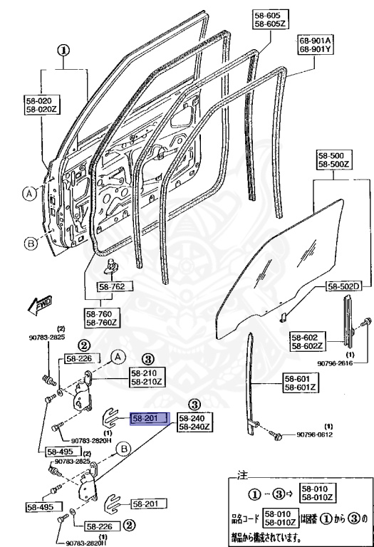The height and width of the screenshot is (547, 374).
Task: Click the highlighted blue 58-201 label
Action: point(148,419)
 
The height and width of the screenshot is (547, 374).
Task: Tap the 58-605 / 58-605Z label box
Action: point(269,20)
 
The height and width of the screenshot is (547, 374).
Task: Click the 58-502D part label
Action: point(344,286)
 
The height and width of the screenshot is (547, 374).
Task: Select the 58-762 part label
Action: point(110,288)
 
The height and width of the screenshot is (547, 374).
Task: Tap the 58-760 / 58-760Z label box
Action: point(103,317)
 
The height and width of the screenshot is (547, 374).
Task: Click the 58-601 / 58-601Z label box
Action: point(300,383)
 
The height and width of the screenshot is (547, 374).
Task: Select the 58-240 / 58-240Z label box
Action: point(194,422)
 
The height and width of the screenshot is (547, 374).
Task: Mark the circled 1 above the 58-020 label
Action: point(63,51)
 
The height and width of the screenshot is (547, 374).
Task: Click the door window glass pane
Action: point(285,264)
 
